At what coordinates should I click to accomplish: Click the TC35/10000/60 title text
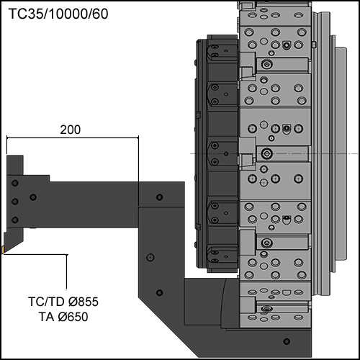tap(58, 14)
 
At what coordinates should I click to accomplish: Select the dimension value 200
tap(71, 130)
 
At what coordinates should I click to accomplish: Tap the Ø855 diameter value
tap(84, 302)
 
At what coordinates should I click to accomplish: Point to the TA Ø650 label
tap(63, 317)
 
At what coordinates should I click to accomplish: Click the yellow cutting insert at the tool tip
tap(2, 249)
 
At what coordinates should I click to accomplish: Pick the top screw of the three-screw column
tap(15, 183)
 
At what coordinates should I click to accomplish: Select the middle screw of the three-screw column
tap(15, 201)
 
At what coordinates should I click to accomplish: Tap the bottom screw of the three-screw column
tap(15, 220)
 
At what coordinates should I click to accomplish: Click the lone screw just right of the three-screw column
tap(33, 197)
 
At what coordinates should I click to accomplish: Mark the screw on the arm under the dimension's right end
tap(160, 197)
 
